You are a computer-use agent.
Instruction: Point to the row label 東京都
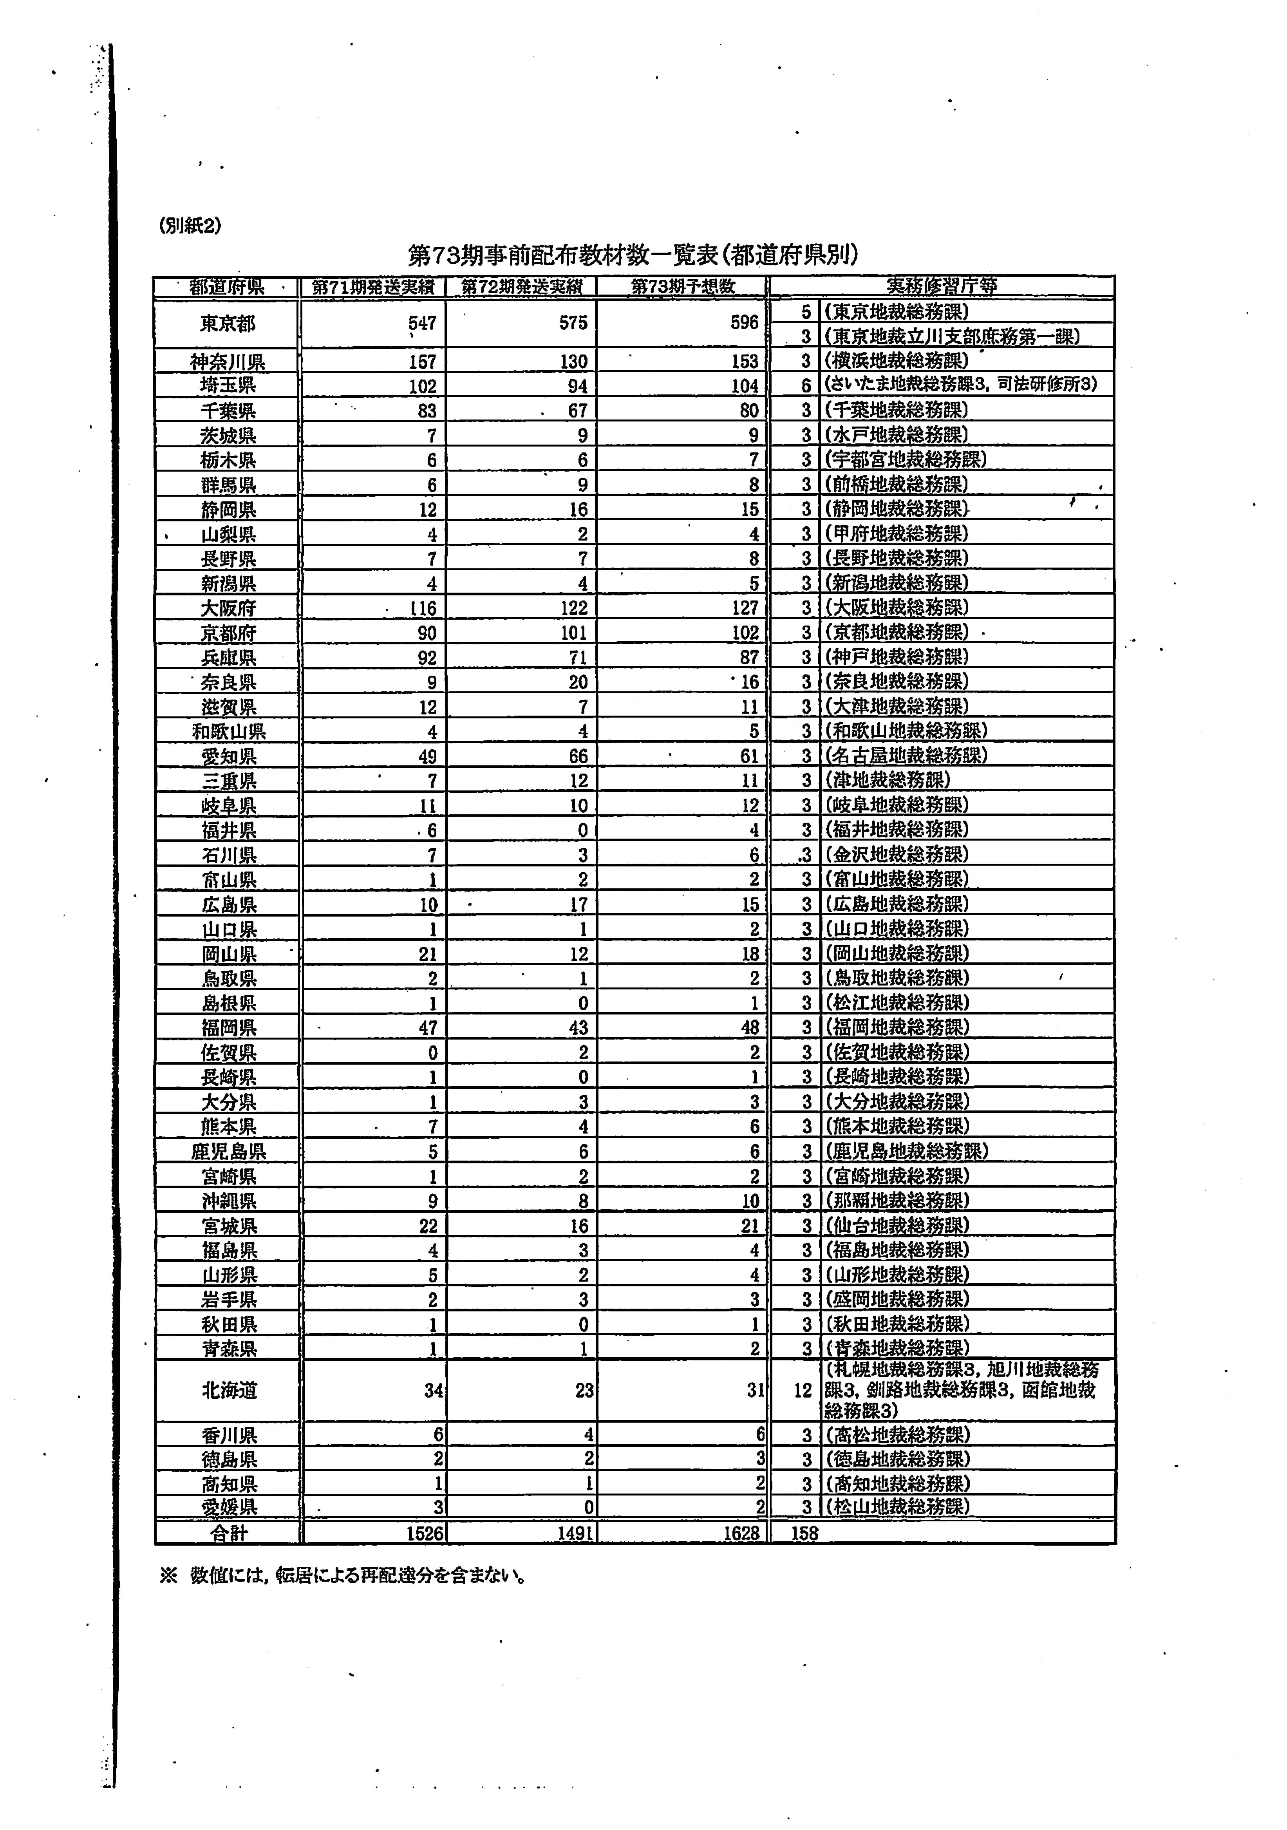click(228, 324)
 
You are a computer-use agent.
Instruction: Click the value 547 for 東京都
click(422, 323)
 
